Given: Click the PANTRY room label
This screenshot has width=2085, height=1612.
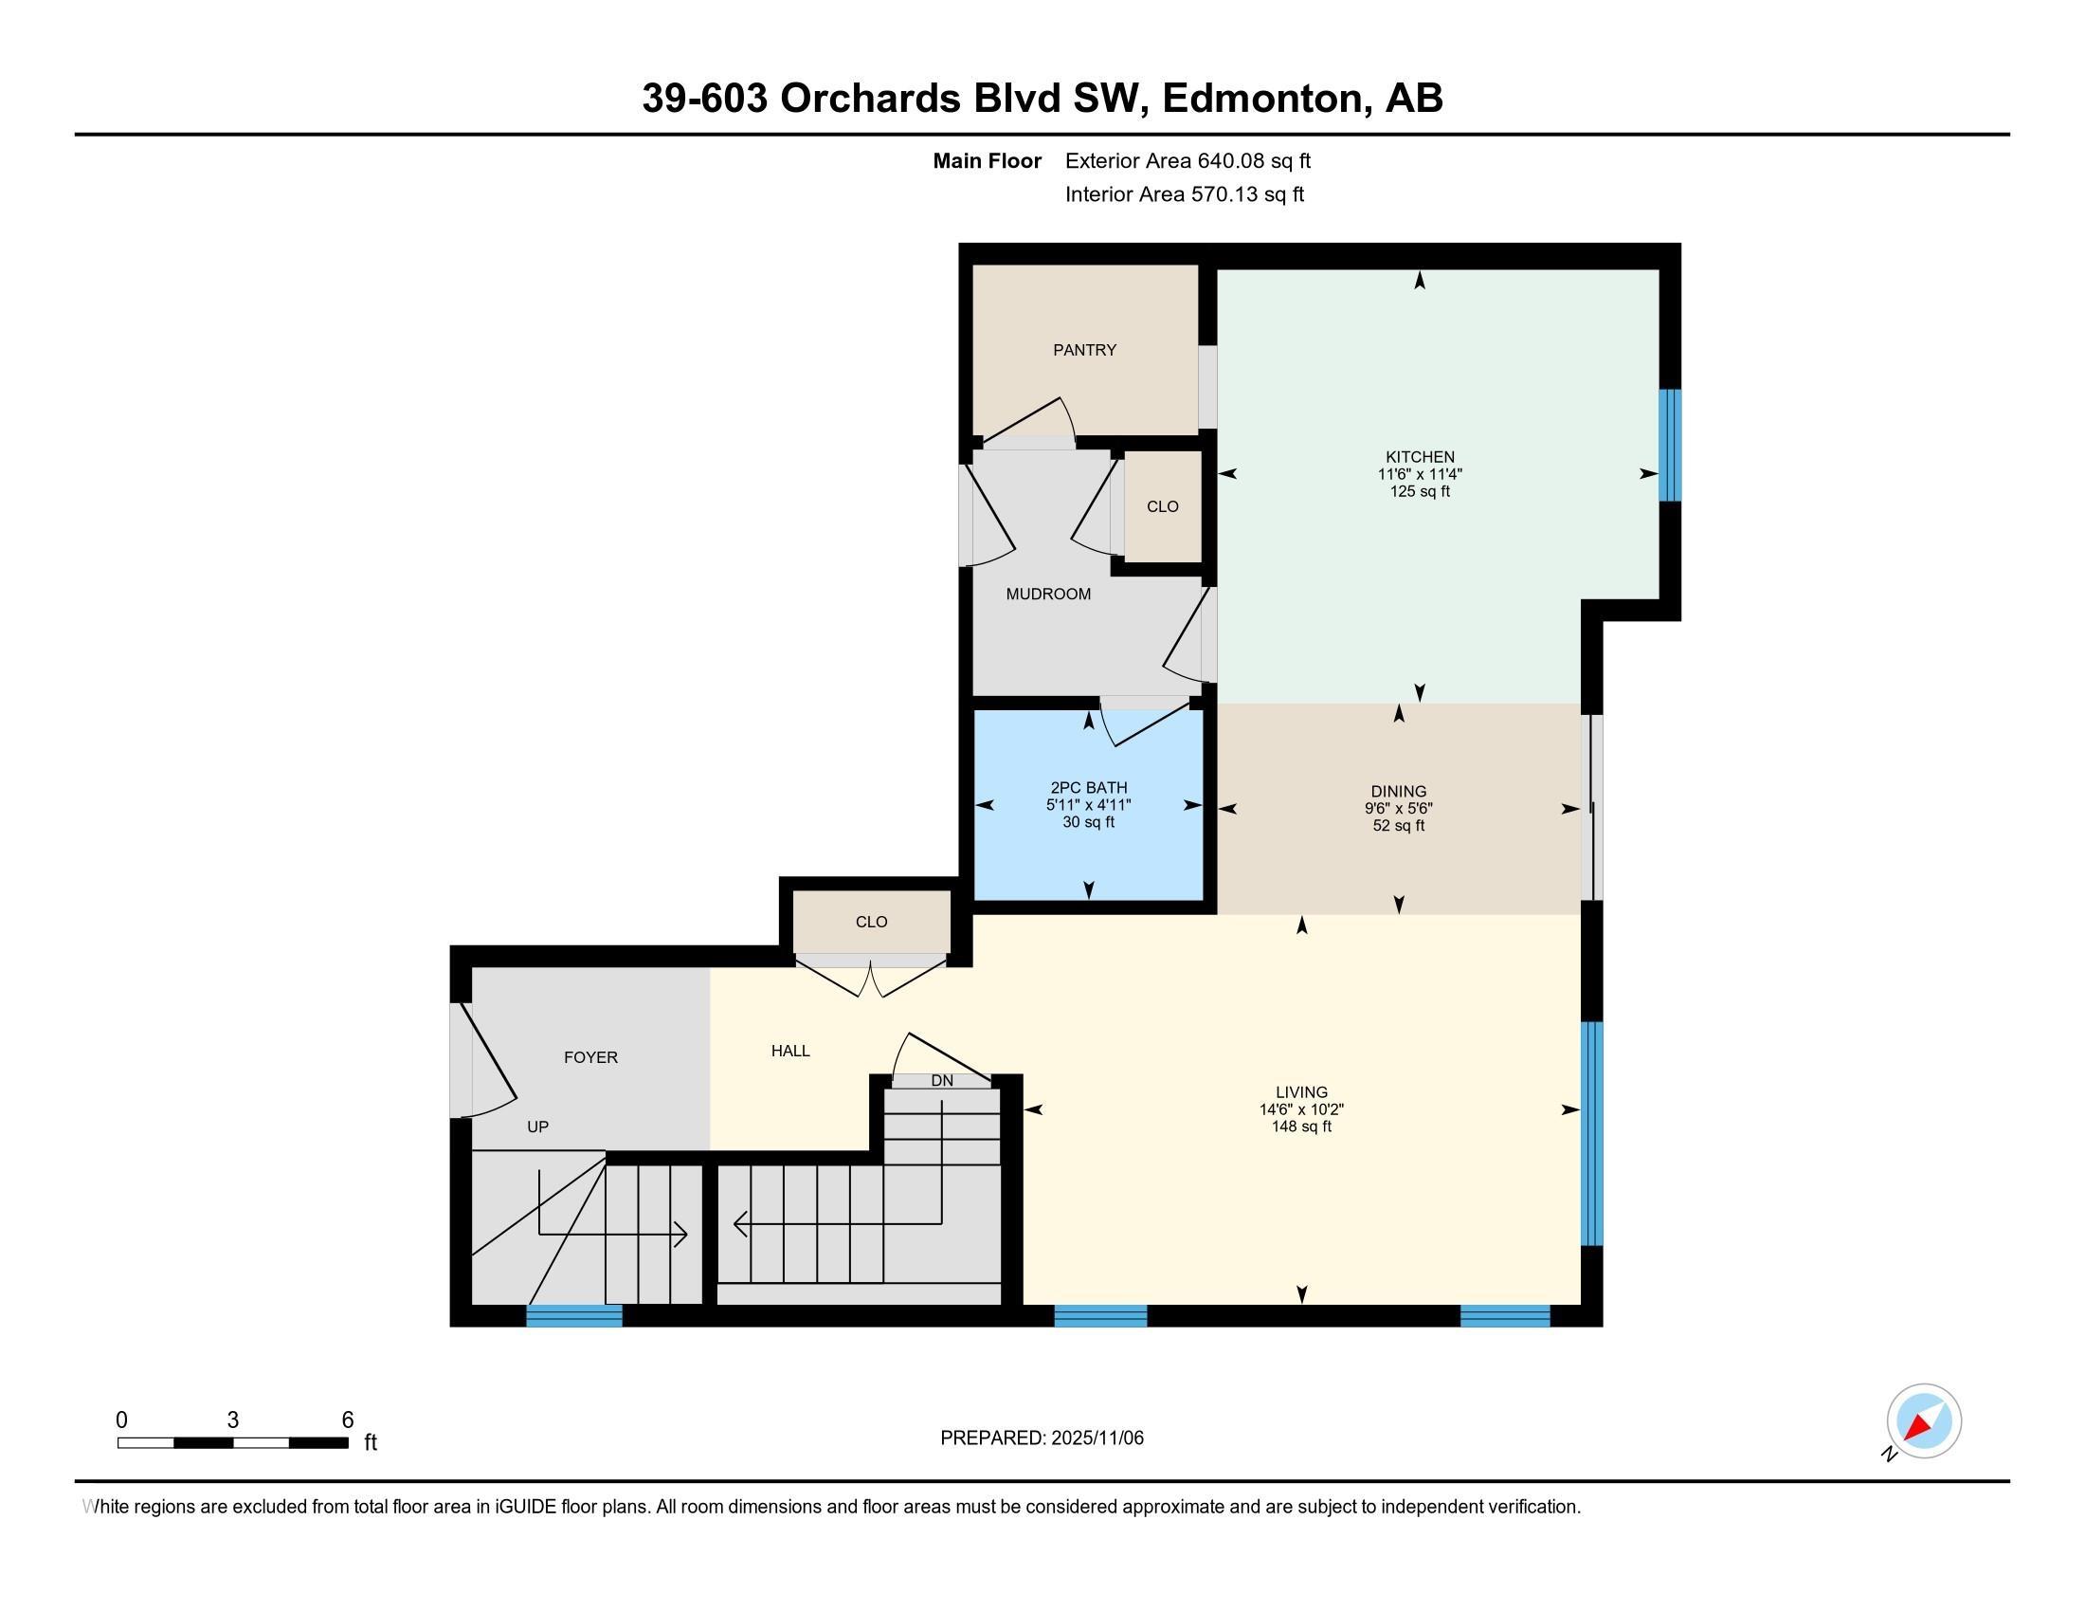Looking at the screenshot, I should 1084,351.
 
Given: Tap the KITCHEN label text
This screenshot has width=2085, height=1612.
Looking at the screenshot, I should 1420,457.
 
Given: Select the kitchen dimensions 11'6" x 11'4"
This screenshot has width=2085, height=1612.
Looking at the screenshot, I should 1420,475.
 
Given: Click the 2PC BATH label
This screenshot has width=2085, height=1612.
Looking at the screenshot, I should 1088,788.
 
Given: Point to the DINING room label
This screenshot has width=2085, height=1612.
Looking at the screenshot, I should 1399,792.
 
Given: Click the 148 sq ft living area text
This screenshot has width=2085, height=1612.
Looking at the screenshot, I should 1301,1127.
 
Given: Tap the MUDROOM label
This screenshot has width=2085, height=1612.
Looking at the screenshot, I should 1048,594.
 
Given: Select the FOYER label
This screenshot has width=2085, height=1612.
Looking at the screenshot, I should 591,1057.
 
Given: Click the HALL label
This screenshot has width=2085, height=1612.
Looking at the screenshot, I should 790,1051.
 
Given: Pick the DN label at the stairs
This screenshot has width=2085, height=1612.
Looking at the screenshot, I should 942,1081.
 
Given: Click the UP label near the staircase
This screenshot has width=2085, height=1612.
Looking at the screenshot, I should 537,1127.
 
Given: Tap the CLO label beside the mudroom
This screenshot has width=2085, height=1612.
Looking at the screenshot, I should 1162,507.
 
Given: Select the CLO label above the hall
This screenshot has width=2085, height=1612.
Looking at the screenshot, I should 871,922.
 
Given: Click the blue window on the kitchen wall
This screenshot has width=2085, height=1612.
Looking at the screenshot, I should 1669,445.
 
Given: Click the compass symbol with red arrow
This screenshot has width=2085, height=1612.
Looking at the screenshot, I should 1924,1421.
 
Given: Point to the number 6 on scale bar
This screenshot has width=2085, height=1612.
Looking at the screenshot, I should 348,1420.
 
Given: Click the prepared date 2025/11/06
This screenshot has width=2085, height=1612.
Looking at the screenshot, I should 1095,1438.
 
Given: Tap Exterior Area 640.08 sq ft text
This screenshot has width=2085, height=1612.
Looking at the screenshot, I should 1188,161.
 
